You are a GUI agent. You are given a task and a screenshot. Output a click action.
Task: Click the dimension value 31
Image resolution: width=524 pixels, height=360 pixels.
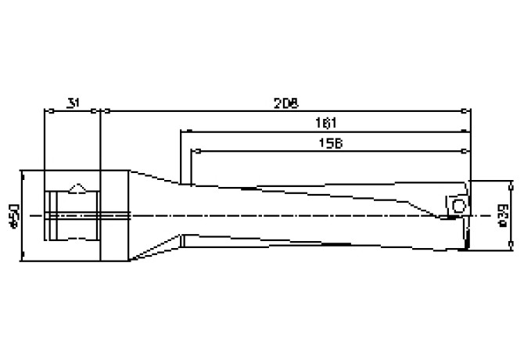72,103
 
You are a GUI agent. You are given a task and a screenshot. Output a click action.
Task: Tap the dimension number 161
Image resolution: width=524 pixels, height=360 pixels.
326,122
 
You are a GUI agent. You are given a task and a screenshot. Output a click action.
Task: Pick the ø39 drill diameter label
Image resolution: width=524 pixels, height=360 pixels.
504,215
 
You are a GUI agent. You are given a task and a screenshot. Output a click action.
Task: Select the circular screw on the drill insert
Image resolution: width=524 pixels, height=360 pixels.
459,207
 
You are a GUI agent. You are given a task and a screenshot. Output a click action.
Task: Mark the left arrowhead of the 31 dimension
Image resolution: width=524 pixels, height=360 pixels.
46,111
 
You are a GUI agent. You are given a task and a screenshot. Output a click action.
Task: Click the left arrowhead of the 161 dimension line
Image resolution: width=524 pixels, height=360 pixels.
185,131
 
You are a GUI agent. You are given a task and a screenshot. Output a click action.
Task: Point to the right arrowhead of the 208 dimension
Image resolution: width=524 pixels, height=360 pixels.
468,111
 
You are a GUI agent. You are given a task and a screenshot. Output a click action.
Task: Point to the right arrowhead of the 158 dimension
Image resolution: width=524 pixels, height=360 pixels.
468,149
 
